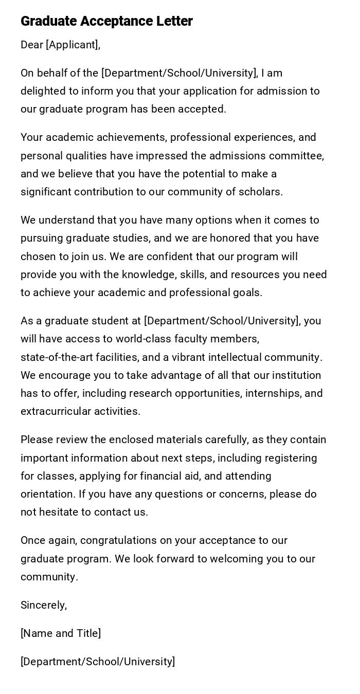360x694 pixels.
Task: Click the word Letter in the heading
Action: click(175, 21)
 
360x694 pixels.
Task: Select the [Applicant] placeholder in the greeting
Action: click(73, 45)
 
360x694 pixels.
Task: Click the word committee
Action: click(301, 156)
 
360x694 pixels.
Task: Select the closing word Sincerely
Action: click(44, 605)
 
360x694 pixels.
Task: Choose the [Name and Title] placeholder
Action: click(61, 633)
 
